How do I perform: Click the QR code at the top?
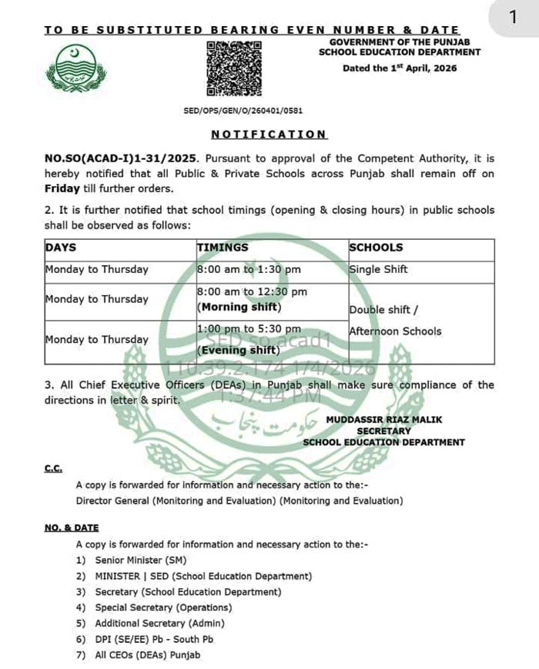tap(235, 68)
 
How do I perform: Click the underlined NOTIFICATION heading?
tap(269, 135)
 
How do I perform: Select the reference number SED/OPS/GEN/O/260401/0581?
tap(243, 111)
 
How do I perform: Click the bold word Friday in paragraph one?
tap(62, 188)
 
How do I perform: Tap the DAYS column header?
tap(61, 248)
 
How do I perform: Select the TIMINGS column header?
tap(223, 248)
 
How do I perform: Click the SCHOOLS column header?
tap(376, 248)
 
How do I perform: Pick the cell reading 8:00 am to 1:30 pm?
tap(249, 270)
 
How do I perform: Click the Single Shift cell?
tap(378, 270)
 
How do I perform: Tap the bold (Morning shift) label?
tap(239, 307)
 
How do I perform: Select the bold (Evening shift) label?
tap(239, 351)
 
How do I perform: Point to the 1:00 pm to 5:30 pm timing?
tap(249, 329)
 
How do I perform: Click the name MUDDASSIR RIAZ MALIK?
tap(383, 420)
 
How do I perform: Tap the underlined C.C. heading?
tap(53, 468)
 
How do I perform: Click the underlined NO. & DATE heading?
tap(72, 528)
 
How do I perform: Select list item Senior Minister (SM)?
tap(140, 561)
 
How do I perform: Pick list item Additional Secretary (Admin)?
tap(159, 624)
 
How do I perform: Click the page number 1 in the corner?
tap(512, 17)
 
